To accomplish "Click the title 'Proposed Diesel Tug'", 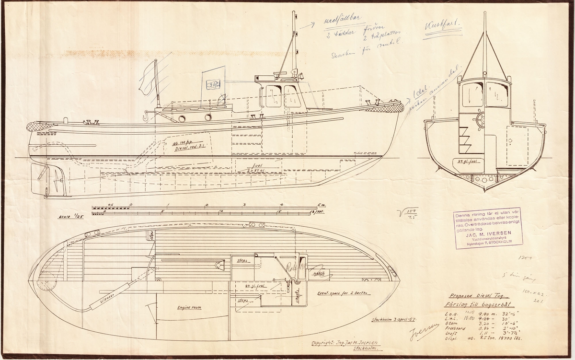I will click(x=476, y=295).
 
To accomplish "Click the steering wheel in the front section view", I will click(x=480, y=119).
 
